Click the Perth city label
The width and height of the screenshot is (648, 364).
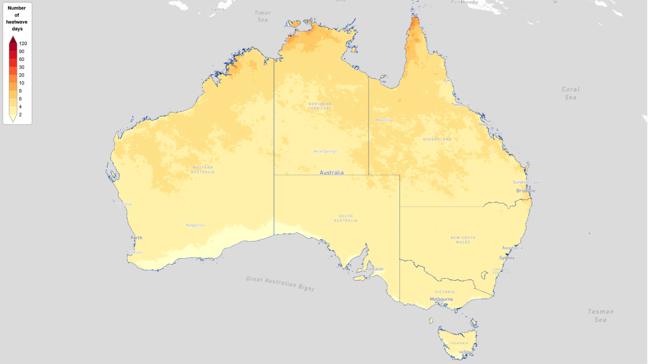pyautogui.click(x=136, y=238)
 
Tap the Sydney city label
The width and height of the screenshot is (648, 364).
pyautogui.click(x=507, y=258)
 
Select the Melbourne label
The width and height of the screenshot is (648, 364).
pyautogui.click(x=441, y=299)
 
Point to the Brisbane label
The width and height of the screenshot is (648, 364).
pyautogui.click(x=526, y=191)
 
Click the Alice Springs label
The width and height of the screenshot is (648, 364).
pyautogui.click(x=325, y=151)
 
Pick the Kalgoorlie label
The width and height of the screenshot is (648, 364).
pyautogui.click(x=195, y=225)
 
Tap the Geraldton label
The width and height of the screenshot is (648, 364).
pyautogui.click(x=123, y=204)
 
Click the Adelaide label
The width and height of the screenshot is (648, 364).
pyautogui.click(x=375, y=269)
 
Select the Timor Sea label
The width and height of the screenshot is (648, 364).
pyautogui.click(x=263, y=16)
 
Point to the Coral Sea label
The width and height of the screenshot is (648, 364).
pyautogui.click(x=570, y=93)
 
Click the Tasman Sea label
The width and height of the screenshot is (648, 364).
pyautogui.click(x=601, y=315)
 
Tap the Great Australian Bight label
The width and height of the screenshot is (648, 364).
pyautogui.click(x=280, y=283)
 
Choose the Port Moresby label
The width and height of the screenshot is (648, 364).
pyautogui.click(x=465, y=2)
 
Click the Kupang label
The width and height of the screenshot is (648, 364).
pyautogui.click(x=217, y=9)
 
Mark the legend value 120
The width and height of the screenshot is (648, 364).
pyautogui.click(x=23, y=44)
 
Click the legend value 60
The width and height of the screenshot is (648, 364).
pyautogui.click(x=22, y=59)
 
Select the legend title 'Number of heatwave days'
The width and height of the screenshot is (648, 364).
pyautogui.click(x=17, y=19)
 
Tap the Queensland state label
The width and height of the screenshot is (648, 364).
pyautogui.click(x=437, y=139)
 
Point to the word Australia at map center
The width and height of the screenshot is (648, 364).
pyautogui.click(x=331, y=172)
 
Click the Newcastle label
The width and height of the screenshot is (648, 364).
pyautogui.click(x=513, y=248)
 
